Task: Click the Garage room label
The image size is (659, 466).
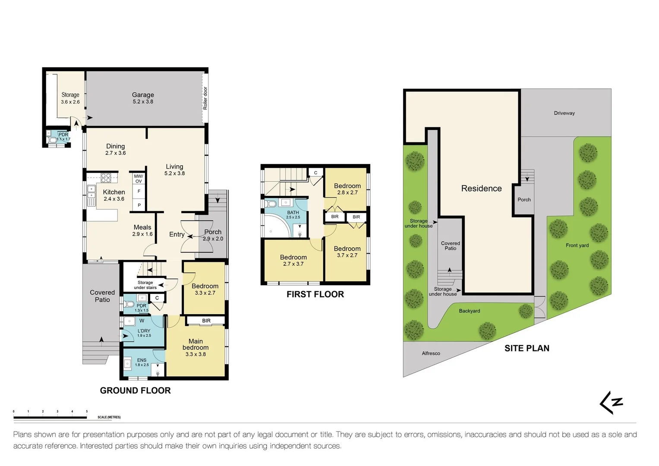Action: [143, 95]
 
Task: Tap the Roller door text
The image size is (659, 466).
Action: [205, 98]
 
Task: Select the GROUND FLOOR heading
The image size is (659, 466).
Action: [135, 390]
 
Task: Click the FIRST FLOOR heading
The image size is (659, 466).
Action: [315, 294]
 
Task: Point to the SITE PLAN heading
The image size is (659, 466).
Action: [527, 348]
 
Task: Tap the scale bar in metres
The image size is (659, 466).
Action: [50, 417]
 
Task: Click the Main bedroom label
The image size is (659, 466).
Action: [195, 344]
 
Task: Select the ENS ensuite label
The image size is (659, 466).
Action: [142, 360]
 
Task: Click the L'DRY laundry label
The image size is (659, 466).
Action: [144, 331]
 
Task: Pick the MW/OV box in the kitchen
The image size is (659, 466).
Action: [139, 179]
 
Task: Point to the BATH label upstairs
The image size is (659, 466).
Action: [293, 212]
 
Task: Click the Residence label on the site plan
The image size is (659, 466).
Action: [481, 189]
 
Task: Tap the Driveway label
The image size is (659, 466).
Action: [564, 113]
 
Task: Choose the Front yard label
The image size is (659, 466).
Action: [577, 246]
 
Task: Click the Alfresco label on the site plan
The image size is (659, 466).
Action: [431, 353]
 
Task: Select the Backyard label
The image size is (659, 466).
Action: [469, 311]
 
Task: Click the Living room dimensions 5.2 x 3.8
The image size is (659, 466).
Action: [174, 173]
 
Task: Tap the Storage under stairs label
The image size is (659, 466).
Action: [145, 285]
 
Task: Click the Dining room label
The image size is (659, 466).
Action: [115, 146]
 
